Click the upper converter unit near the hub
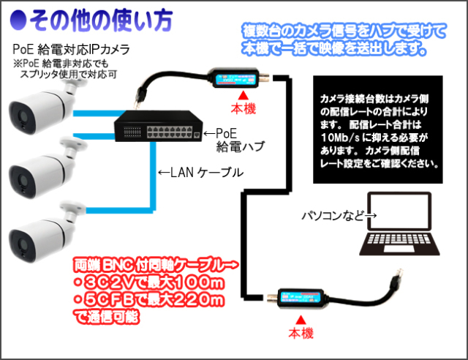coord(234,76)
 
